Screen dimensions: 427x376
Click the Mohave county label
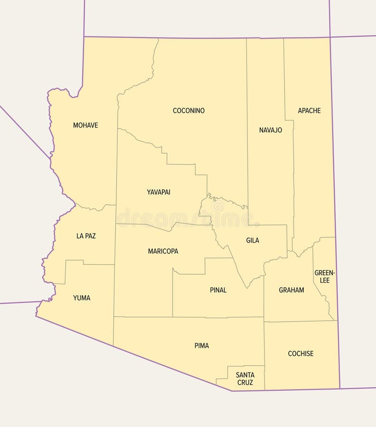[x=85, y=125]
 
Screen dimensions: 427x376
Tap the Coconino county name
[x=188, y=111]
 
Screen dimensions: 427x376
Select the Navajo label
[x=271, y=130]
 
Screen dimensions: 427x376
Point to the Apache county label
[x=309, y=111]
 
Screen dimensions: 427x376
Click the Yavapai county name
[x=159, y=192]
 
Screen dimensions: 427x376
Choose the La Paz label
[x=86, y=236]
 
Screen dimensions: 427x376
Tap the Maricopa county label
[x=163, y=251]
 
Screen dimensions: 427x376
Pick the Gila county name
[x=253, y=241]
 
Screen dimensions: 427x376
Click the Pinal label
[x=218, y=290]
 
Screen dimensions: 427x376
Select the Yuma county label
[x=82, y=298]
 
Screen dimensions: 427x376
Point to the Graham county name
[x=291, y=290]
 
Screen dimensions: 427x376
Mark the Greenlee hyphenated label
[x=325, y=277]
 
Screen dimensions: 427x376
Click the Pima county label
[x=201, y=345]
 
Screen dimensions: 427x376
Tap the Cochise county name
[x=301, y=353]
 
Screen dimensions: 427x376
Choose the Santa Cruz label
[x=245, y=379]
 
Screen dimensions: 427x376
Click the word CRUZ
[x=245, y=382]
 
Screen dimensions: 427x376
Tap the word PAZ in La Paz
[x=90, y=236]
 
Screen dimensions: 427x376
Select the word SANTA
[x=245, y=375]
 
